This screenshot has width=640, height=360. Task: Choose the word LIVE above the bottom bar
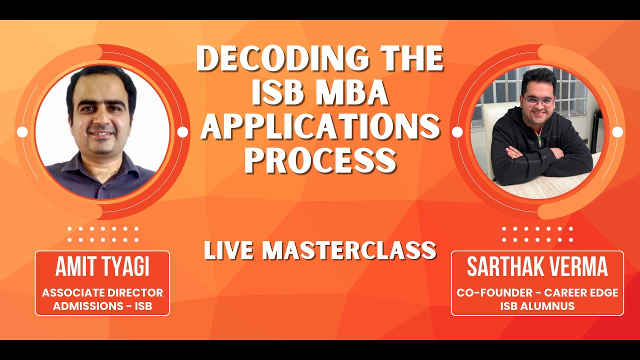(x=227, y=250)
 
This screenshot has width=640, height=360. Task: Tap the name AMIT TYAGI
(x=102, y=268)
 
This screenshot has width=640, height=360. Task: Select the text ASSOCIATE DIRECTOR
(x=102, y=292)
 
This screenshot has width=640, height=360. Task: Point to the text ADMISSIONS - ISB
(x=102, y=306)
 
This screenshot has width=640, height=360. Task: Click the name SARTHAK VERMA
(x=537, y=268)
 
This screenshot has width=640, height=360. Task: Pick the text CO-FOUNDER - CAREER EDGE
(x=537, y=292)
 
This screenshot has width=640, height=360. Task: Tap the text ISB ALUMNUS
(x=537, y=306)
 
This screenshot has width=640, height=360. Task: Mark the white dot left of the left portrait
(x=22, y=132)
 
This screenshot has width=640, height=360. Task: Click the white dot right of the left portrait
(x=182, y=132)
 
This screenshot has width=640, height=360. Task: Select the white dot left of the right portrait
(x=457, y=132)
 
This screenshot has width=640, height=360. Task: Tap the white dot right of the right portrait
(x=617, y=132)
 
